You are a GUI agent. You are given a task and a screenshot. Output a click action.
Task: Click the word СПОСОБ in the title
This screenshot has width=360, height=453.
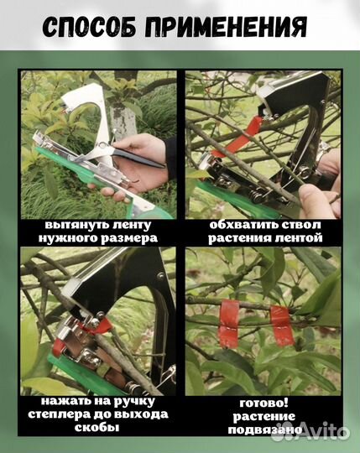tap(89, 27)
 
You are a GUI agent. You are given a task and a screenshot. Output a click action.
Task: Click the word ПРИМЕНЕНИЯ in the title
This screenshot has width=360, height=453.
tap(226, 27)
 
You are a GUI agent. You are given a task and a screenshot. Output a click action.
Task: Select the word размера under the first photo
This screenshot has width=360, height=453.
tap(129, 238)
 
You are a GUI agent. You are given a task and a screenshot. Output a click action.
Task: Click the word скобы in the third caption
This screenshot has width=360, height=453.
tap(97, 427)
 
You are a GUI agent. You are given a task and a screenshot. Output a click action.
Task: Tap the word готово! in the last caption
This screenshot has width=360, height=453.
tap(263, 403)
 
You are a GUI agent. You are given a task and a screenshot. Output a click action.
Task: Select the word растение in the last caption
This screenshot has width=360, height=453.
tap(264, 417)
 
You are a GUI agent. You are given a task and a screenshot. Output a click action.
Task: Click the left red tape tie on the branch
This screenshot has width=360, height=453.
tap(229, 323)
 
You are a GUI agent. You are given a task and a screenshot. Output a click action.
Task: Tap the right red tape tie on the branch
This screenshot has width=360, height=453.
tap(281, 325)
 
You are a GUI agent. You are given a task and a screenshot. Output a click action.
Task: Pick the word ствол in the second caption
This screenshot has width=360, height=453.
tap(300, 225)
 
